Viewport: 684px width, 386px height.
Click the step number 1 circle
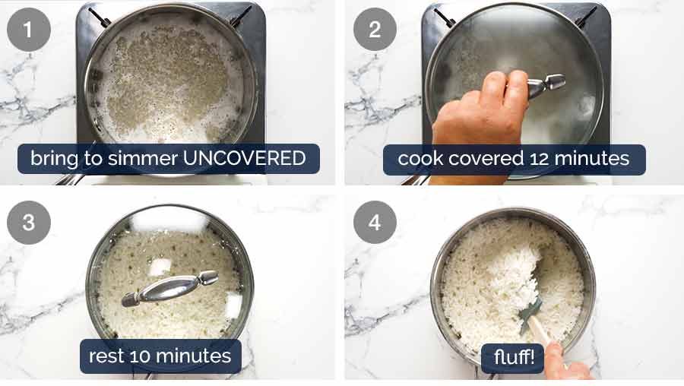[29, 30]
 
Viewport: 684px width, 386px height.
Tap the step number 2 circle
[375, 30]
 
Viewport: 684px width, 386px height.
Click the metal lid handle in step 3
[169, 288]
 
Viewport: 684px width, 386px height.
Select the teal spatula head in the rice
[531, 308]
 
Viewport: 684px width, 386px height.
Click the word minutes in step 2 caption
[594, 159]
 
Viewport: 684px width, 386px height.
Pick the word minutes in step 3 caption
[195, 356]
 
